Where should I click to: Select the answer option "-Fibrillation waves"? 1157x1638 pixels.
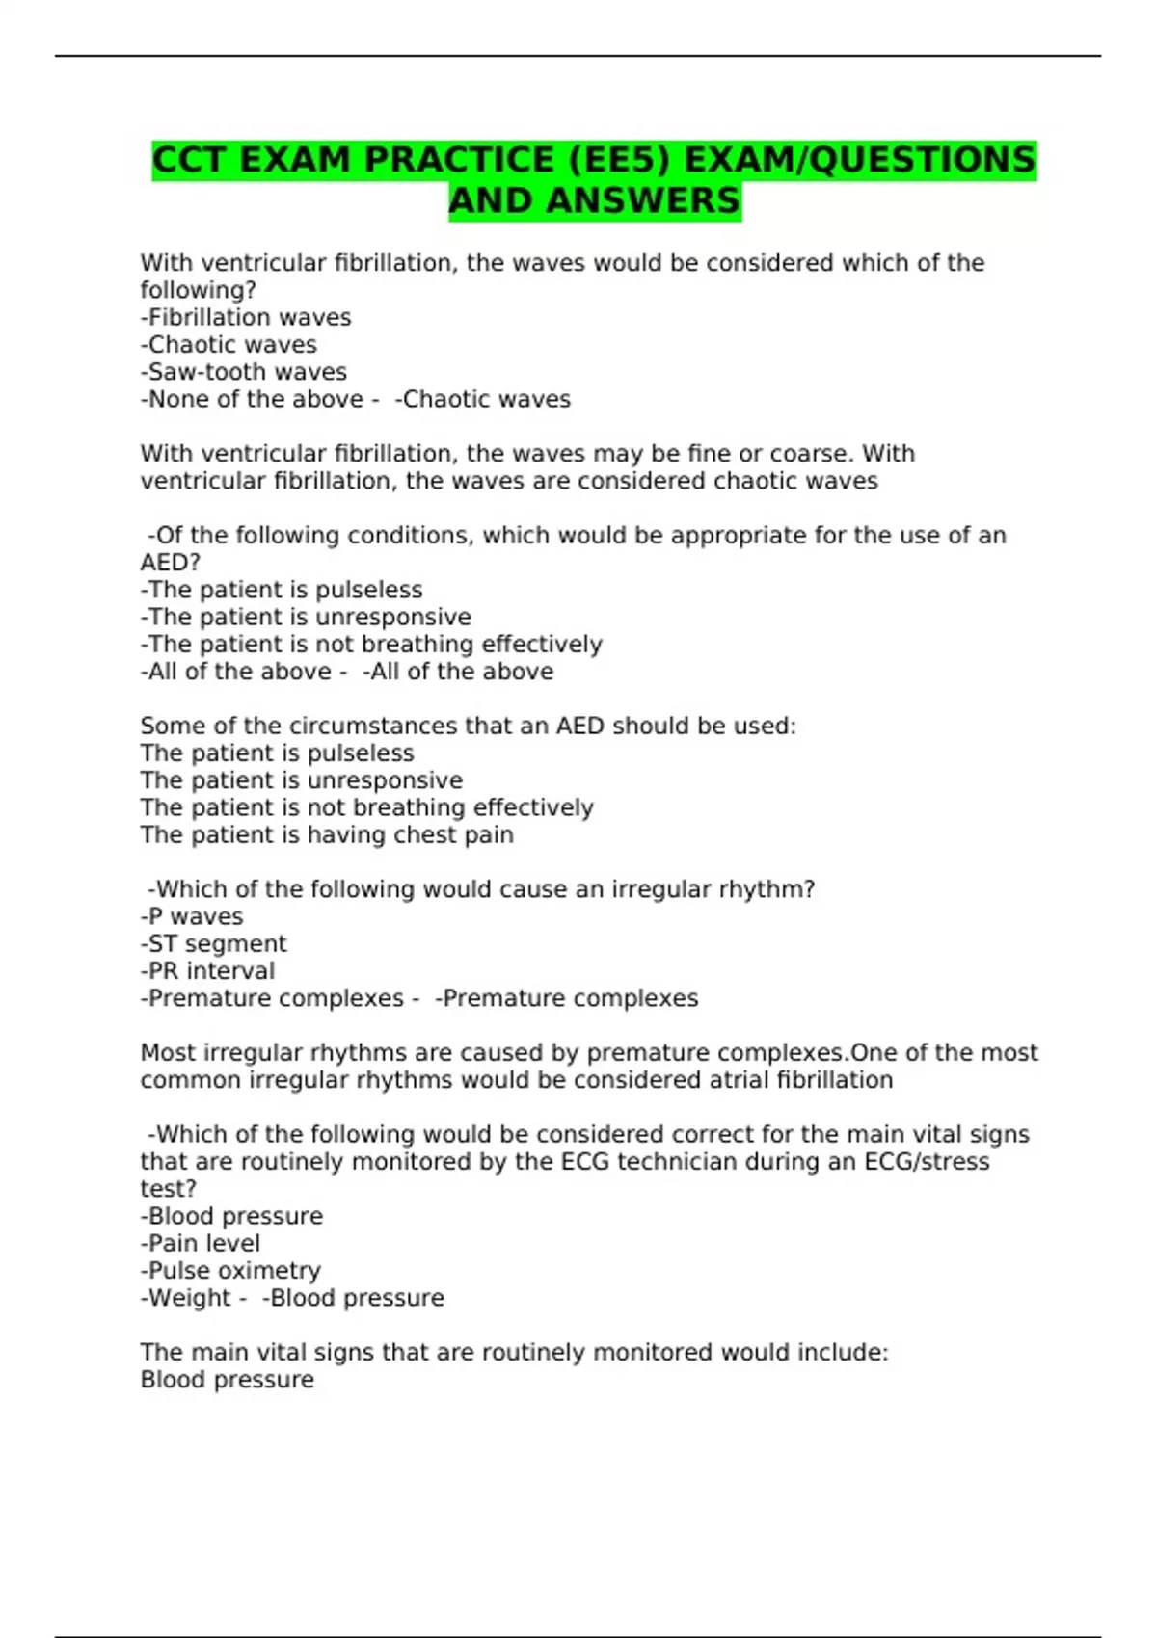[246, 318]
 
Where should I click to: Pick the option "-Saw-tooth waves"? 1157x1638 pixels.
[244, 372]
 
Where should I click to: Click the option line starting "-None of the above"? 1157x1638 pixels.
[253, 400]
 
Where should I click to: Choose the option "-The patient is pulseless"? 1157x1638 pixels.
[282, 590]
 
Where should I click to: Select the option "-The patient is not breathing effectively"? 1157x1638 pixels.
[371, 645]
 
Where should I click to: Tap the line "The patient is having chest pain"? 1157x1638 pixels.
[327, 835]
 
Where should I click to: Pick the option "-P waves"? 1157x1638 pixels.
[192, 917]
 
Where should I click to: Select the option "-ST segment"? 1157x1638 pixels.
[214, 944]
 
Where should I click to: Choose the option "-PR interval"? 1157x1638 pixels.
[207, 971]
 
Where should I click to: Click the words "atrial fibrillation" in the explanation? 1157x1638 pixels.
[800, 1080]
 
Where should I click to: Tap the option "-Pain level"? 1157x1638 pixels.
[201, 1244]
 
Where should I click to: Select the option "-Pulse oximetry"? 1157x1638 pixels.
[230, 1271]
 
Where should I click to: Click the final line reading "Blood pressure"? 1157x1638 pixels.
[228, 1380]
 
